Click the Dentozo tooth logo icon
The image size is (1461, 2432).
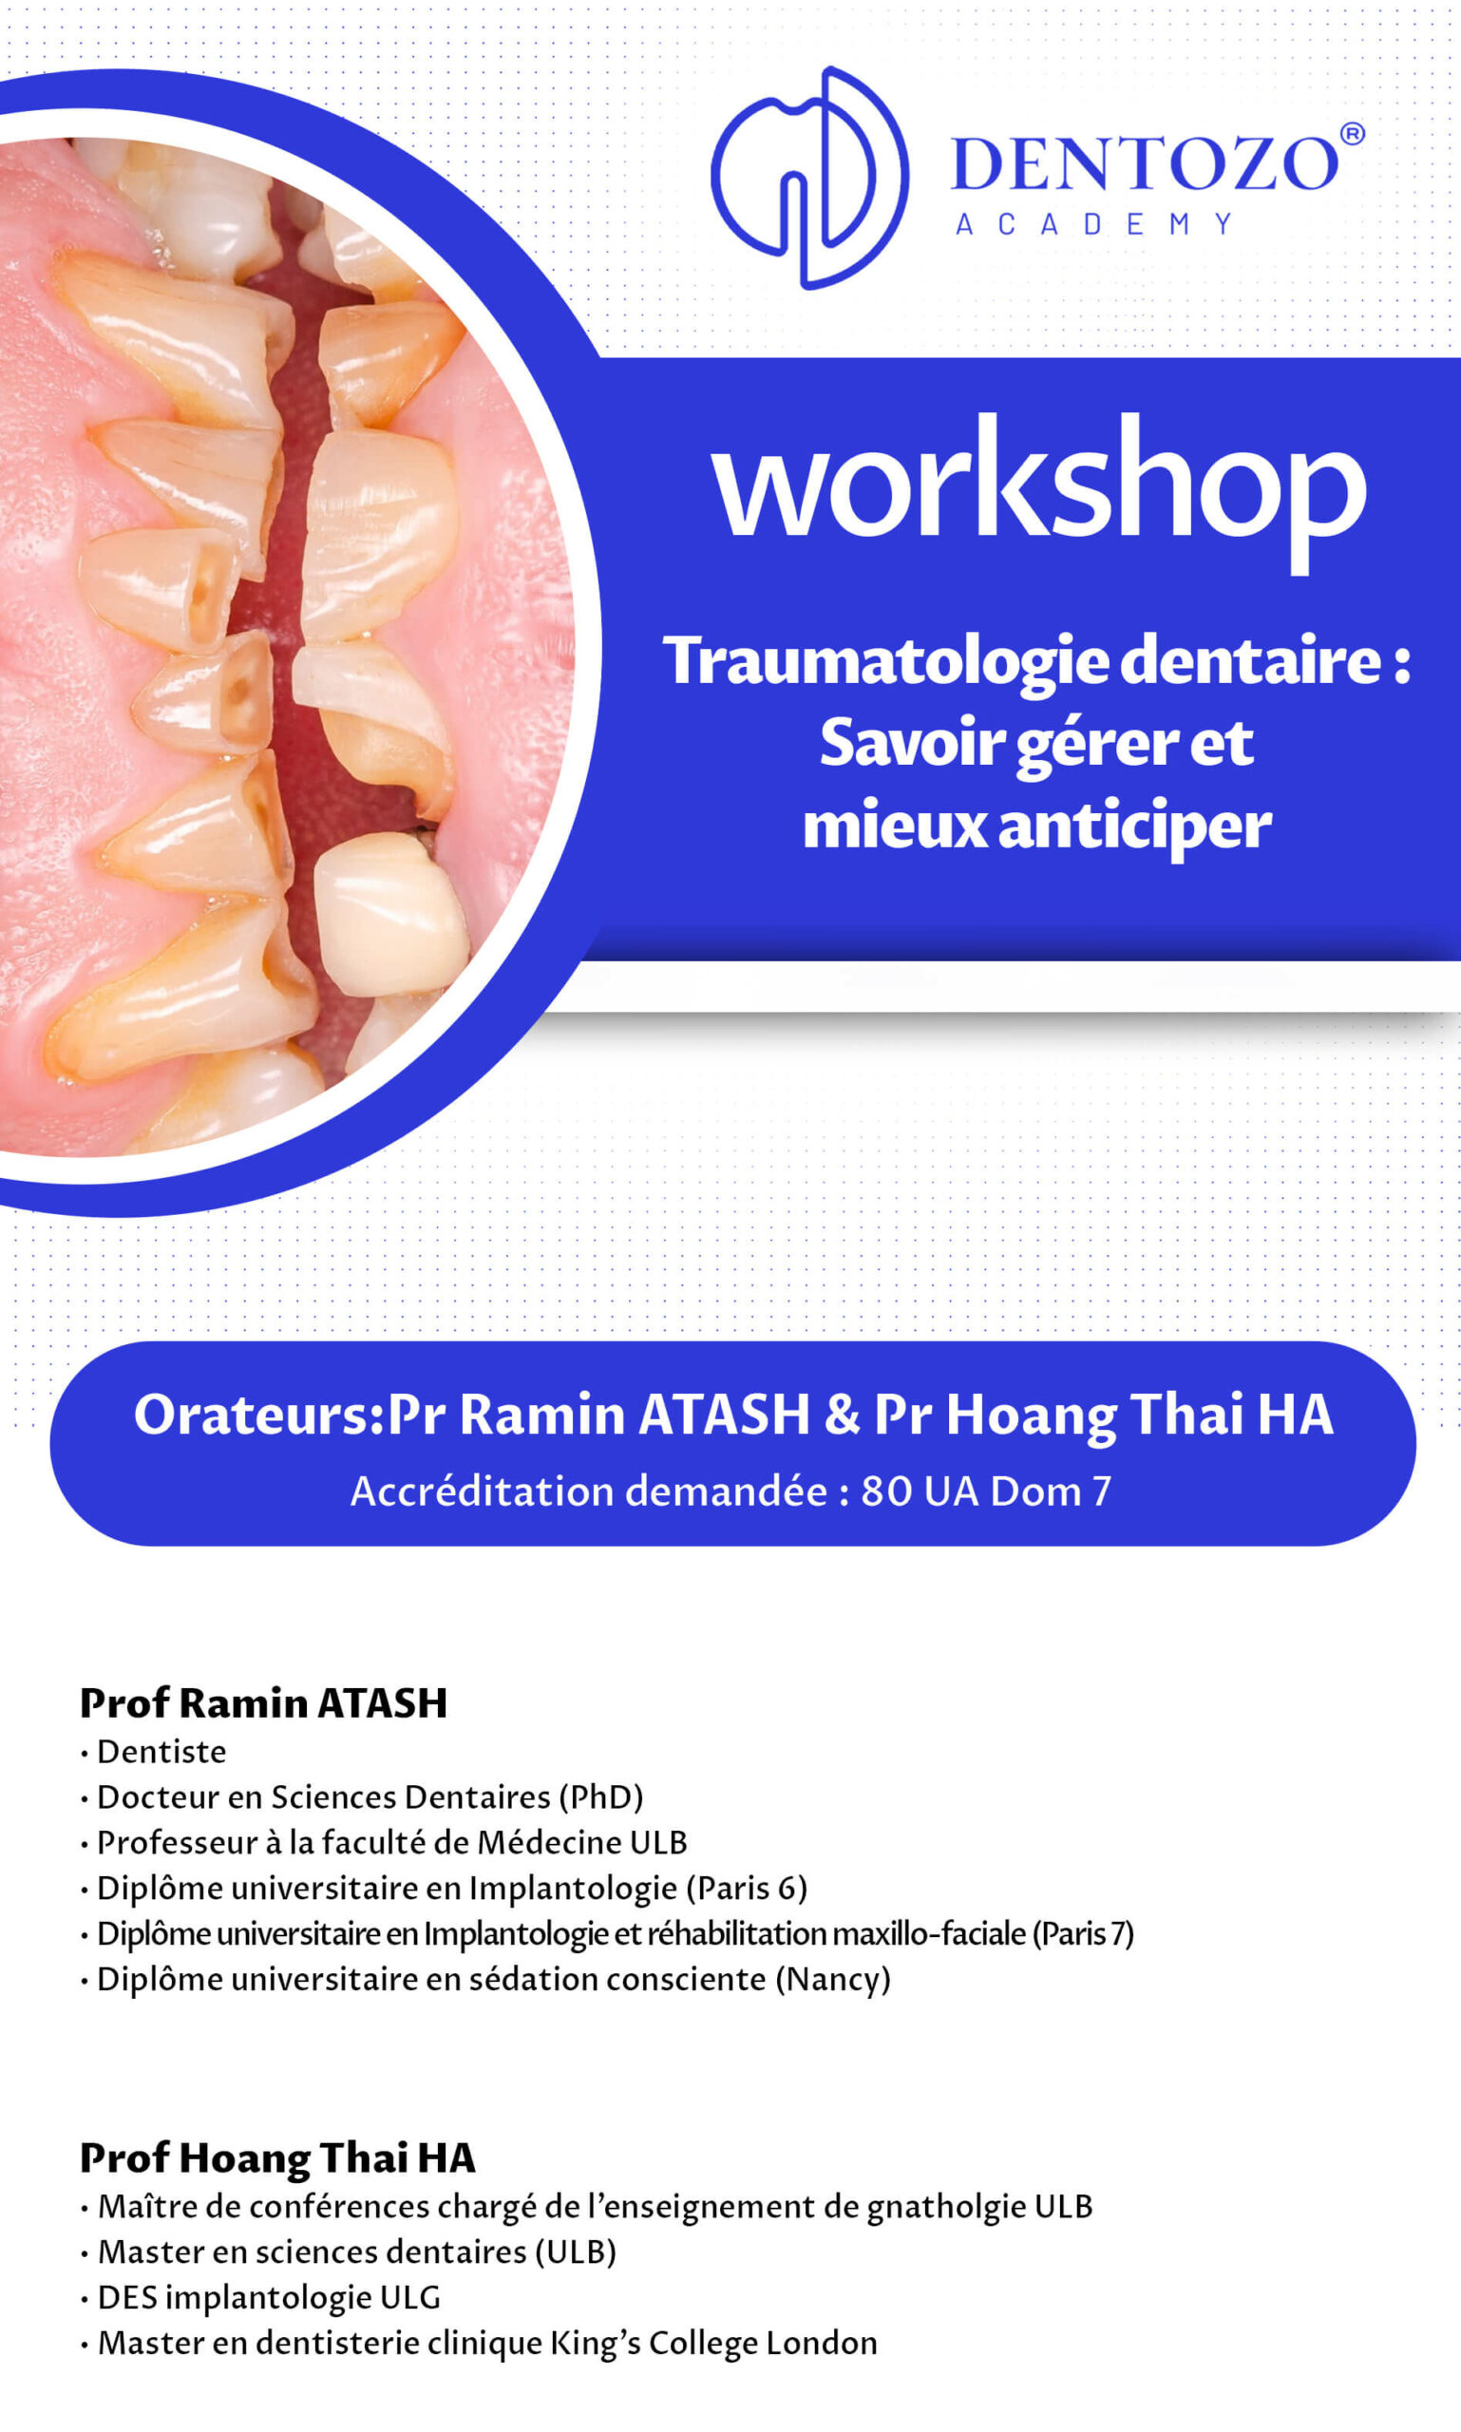tap(809, 178)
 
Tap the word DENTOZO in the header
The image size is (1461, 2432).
tap(1145, 163)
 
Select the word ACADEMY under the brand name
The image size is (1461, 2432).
tap(1094, 224)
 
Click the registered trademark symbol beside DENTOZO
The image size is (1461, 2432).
tap(1353, 134)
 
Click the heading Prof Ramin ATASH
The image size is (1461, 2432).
tap(264, 1702)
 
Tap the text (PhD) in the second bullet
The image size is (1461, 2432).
tap(600, 1798)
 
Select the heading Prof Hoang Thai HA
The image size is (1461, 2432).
tap(277, 2158)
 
